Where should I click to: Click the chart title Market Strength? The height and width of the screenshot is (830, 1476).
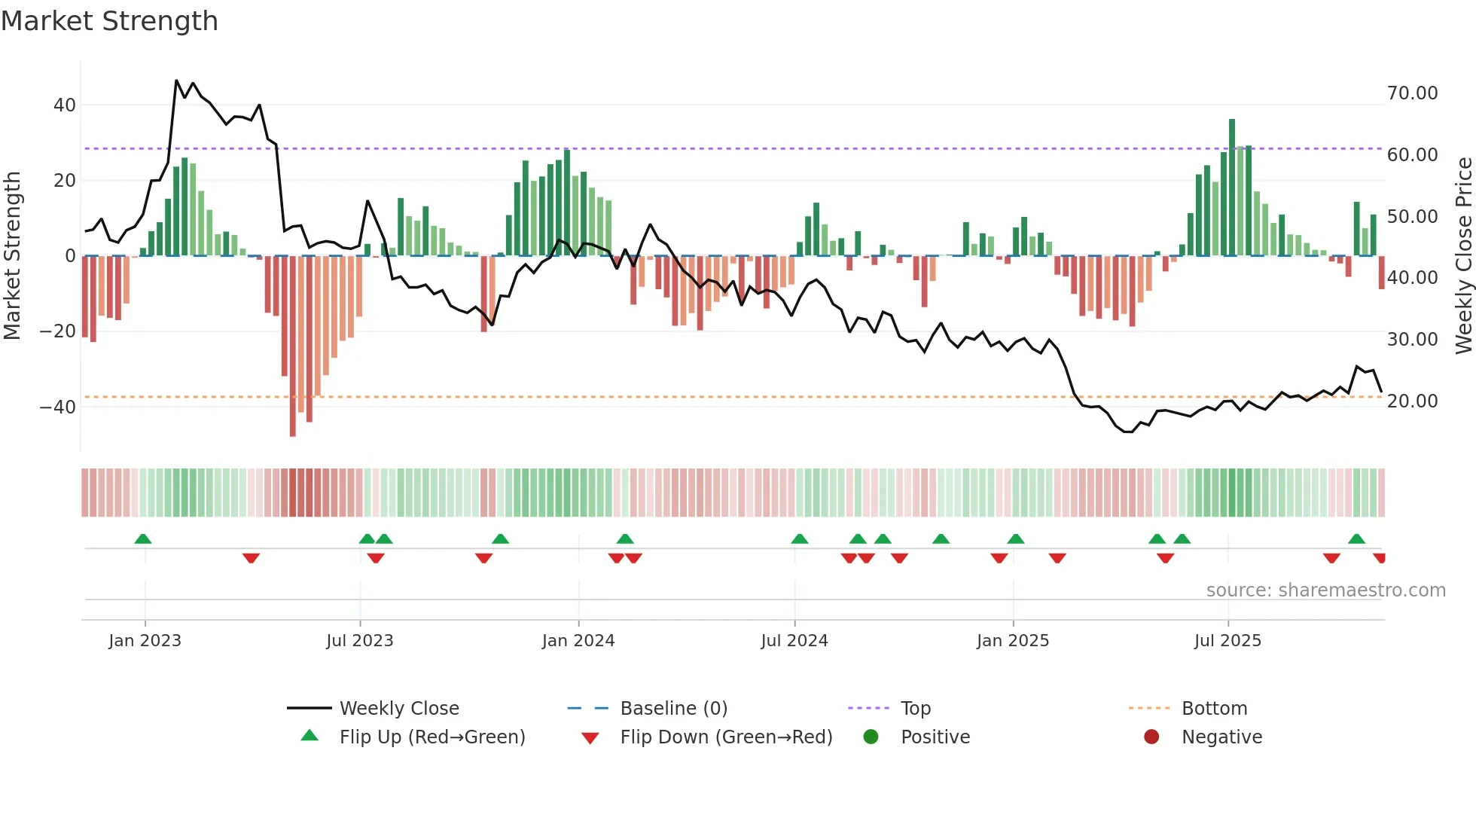click(109, 21)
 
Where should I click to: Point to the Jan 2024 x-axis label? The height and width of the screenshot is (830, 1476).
click(578, 641)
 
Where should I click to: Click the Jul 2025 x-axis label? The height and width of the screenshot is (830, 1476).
click(1227, 641)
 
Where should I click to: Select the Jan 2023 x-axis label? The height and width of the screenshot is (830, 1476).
click(145, 641)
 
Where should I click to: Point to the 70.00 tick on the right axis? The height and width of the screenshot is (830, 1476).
click(1412, 93)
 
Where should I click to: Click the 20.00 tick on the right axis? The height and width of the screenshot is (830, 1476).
click(1412, 401)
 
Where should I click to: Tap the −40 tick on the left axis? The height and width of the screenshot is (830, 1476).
click(57, 407)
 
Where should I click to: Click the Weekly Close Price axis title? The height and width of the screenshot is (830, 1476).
click(1463, 256)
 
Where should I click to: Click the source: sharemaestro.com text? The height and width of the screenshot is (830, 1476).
click(1325, 590)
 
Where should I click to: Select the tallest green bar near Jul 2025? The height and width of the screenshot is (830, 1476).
click(1232, 188)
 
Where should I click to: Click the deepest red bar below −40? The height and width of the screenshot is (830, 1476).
click(292, 346)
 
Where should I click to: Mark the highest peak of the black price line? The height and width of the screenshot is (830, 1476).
click(176, 80)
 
